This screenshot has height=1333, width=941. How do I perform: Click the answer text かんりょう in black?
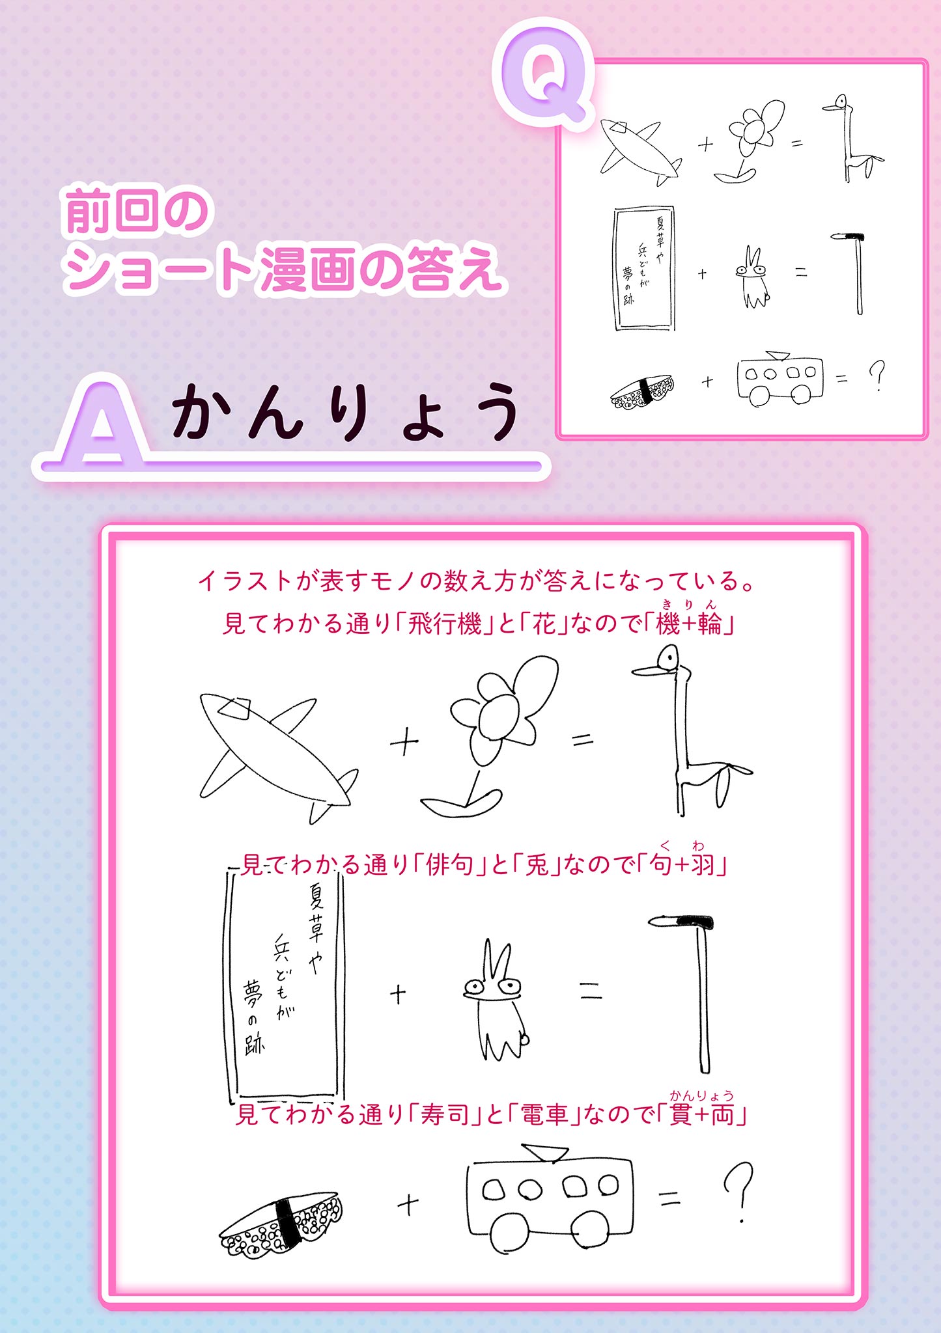tap(346, 411)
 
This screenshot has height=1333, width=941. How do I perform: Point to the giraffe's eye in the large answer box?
tap(668, 659)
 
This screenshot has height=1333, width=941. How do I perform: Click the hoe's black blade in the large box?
tap(694, 922)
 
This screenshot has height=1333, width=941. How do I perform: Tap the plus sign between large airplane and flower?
tap(404, 741)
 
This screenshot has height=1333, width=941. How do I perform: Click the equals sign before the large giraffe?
tap(583, 739)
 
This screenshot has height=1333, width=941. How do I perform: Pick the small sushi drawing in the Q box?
tap(642, 391)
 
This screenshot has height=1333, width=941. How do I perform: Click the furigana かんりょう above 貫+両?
tap(701, 1095)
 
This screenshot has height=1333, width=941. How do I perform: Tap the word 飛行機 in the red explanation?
tap(445, 624)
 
